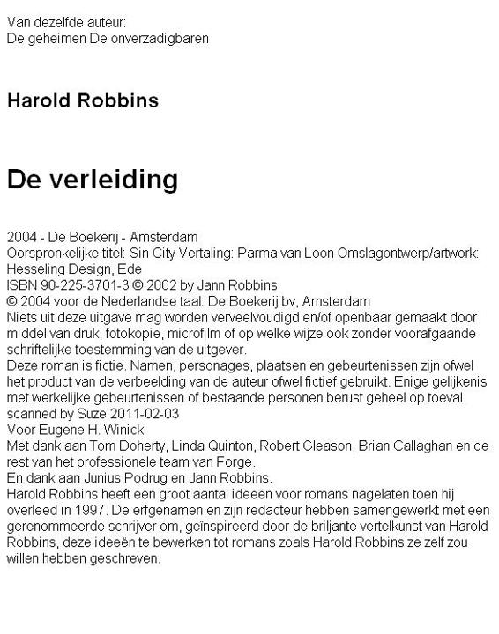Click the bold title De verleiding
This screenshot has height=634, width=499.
click(x=92, y=180)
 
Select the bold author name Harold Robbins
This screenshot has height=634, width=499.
click(x=83, y=100)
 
